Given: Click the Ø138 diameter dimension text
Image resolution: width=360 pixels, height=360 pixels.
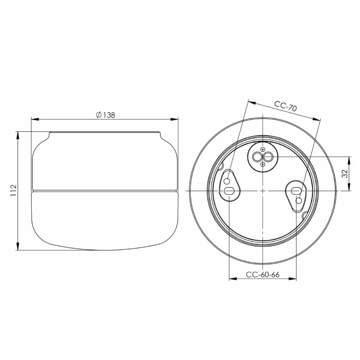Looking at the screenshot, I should click(105, 115).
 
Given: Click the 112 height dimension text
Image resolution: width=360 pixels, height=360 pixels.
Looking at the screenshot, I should click(13, 191).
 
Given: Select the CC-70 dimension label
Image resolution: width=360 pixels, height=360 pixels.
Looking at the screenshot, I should click(285, 106).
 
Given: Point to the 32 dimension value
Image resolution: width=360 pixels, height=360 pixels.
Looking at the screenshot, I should click(344, 173).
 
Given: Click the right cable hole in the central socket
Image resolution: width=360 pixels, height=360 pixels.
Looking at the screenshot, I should click(267, 157).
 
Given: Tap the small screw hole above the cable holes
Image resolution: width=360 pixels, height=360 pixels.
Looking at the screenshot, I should click(262, 149).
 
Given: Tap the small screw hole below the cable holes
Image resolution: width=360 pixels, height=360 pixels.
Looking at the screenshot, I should click(262, 165).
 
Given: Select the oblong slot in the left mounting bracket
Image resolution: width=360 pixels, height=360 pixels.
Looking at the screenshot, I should click(229, 190).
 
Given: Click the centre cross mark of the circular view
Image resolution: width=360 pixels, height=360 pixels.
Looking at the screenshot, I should click(262, 191).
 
